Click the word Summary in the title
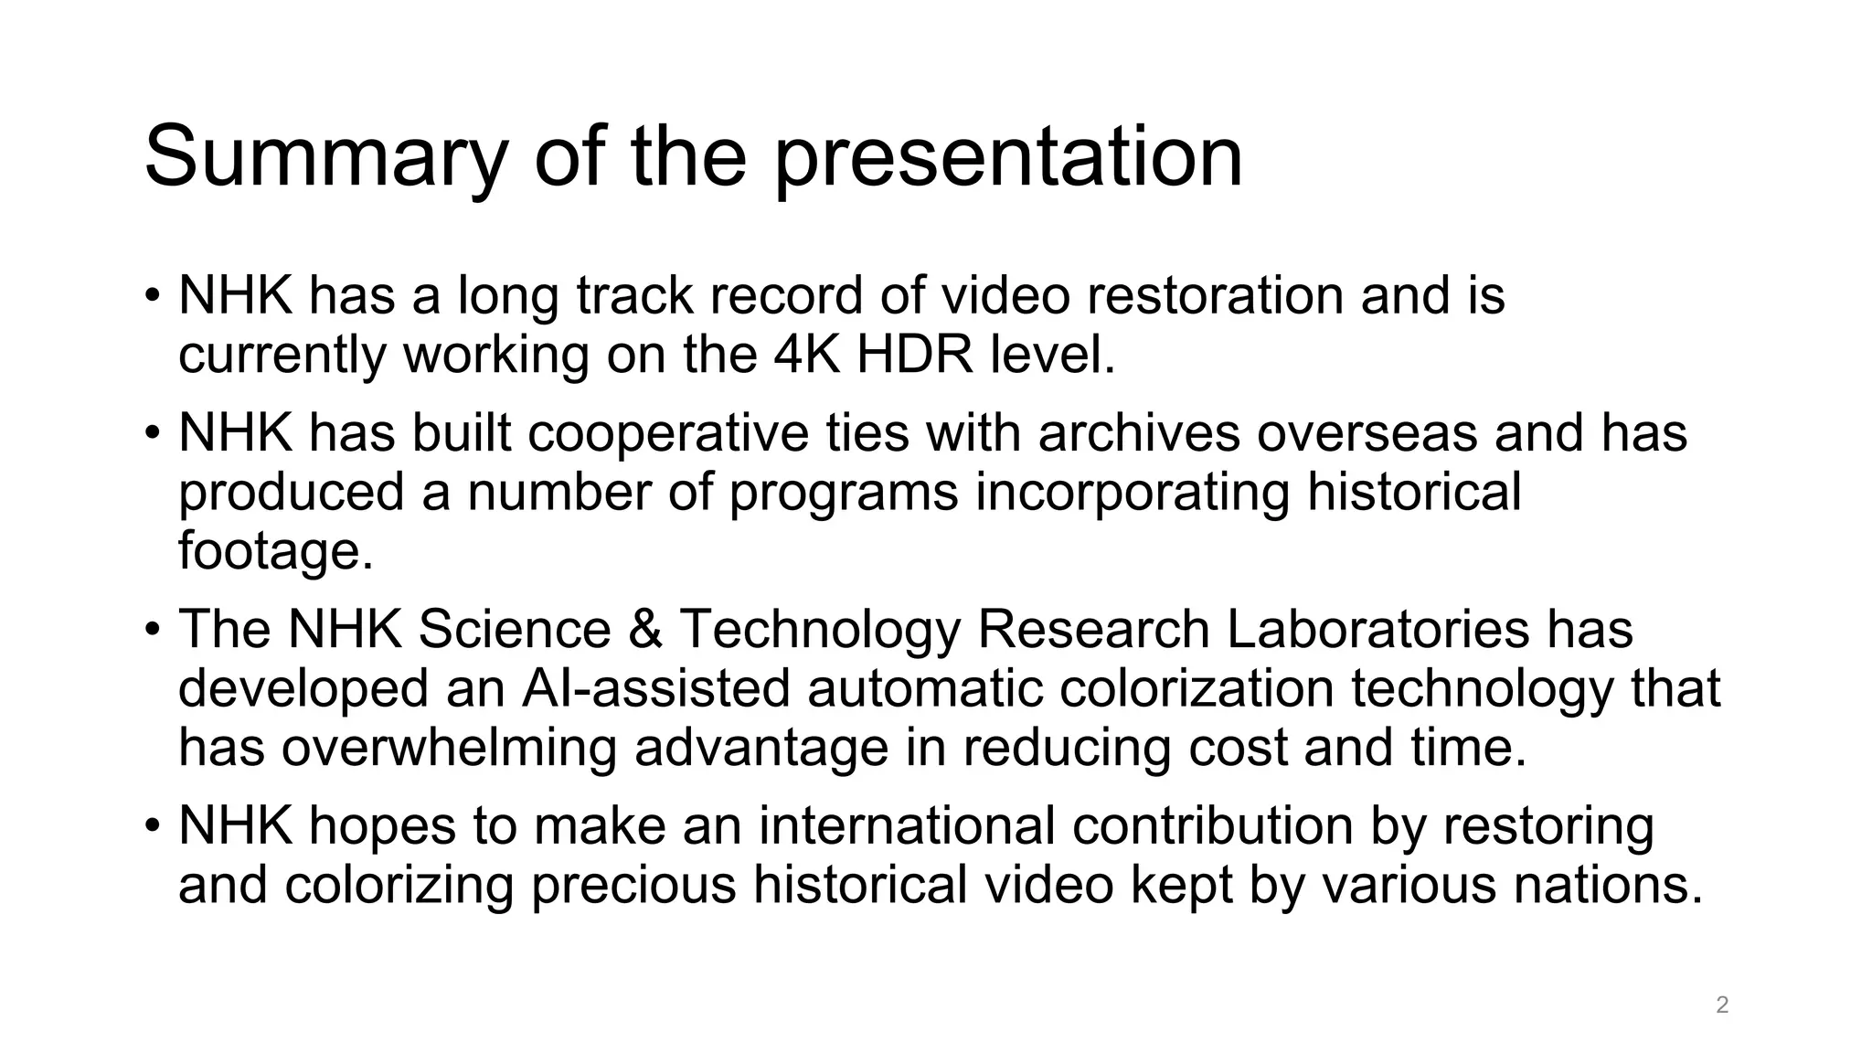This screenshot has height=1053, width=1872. pos(325,157)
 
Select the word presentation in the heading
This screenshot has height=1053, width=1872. pos(1008,157)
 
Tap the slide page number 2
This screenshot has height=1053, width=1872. pos(1722,1005)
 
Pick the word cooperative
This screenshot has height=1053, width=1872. pos(668,432)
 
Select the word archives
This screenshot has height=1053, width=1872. pos(1139,432)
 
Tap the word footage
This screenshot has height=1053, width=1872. pos(275,550)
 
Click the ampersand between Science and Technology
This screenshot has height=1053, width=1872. pos(645,629)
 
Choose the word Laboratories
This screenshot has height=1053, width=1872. pos(1377,629)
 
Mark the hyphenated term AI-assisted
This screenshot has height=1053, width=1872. pos(655,687)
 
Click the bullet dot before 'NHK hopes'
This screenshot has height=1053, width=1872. pos(153,826)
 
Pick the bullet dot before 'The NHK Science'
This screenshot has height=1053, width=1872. pos(153,631)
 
